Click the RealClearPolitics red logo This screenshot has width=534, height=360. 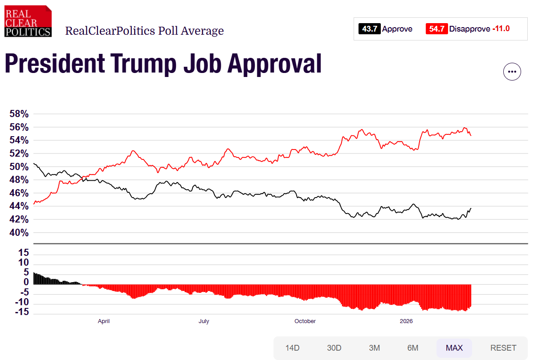point(28,21)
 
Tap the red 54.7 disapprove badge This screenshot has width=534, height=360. point(436,29)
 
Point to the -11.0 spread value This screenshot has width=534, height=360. point(501,29)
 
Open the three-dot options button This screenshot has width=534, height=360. point(512,72)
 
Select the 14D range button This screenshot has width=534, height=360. point(293,348)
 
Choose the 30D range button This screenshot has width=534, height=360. point(334,348)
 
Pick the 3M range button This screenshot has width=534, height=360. point(374,348)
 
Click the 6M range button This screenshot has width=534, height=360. point(413,348)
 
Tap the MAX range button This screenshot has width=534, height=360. point(454,348)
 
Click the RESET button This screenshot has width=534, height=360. point(503,348)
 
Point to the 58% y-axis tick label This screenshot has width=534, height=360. point(19,114)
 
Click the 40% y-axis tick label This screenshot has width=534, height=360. point(19,233)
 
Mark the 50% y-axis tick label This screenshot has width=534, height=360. point(19,167)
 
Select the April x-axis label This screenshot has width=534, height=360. point(104,321)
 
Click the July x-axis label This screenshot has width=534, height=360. point(204,321)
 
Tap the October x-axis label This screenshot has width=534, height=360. point(305,321)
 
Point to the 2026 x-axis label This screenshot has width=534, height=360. point(406,321)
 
